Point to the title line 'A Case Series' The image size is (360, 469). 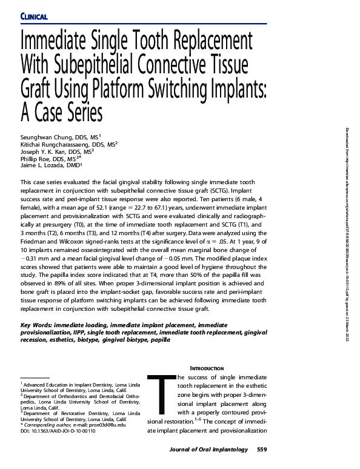point(62,112)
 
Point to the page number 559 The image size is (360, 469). point(261,450)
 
